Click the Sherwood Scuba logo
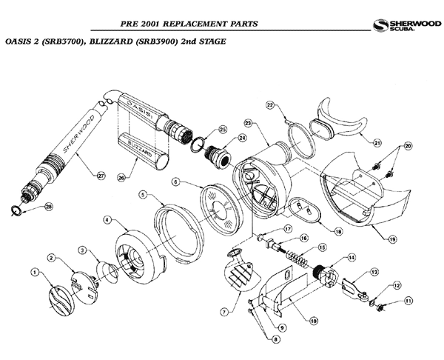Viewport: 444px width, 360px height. pos(403,25)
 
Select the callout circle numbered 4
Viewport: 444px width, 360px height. pos(107,220)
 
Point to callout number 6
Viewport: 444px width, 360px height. pos(175,181)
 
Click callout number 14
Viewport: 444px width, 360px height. pos(351,257)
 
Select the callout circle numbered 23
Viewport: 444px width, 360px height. pos(248,122)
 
